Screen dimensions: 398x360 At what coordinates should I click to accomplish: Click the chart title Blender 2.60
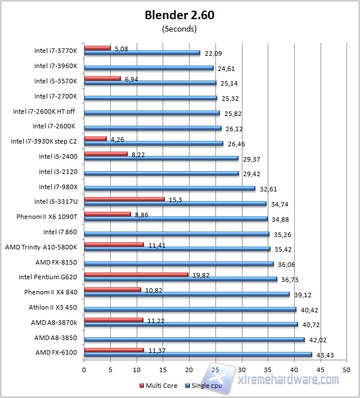(x=179, y=16)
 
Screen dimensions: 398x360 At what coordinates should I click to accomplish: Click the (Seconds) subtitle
(x=179, y=28)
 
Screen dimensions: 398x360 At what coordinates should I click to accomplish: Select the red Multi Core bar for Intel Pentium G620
(x=136, y=275)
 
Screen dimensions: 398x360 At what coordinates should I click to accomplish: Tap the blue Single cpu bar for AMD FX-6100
(x=197, y=354)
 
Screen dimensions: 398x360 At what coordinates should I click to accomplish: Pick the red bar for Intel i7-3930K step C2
(x=95, y=138)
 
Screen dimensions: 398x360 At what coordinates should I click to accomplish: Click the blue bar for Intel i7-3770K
(x=142, y=53)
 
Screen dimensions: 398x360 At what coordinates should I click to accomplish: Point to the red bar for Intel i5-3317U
(x=124, y=199)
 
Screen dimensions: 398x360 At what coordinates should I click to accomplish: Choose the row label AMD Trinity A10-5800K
(x=44, y=247)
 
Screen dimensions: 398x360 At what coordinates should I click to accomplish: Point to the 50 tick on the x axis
(x=346, y=370)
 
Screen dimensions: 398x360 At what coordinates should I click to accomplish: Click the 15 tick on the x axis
(x=163, y=370)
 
